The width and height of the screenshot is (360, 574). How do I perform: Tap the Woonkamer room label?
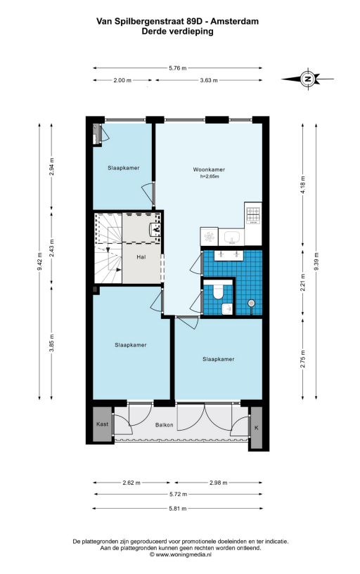[209, 169]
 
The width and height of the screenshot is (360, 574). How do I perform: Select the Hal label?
[141, 257]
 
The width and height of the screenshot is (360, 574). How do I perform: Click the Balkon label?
[164, 425]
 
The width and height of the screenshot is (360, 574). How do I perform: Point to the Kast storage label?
[102, 424]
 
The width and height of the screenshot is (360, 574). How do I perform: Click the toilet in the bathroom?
[218, 291]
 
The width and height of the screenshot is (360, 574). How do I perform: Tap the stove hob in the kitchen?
[253, 215]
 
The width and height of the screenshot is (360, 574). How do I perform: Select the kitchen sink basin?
[231, 237]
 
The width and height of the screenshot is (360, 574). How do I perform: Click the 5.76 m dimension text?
[178, 67]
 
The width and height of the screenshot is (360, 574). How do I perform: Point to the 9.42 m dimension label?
[40, 262]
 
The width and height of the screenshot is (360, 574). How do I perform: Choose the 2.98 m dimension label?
[219, 483]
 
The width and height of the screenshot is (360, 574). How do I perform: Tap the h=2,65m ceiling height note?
[210, 176]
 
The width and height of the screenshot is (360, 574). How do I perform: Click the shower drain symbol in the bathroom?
[251, 303]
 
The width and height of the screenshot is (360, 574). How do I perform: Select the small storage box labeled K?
[256, 427]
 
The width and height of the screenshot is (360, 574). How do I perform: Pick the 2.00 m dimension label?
[122, 80]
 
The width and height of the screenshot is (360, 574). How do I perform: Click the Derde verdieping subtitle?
[178, 32]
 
